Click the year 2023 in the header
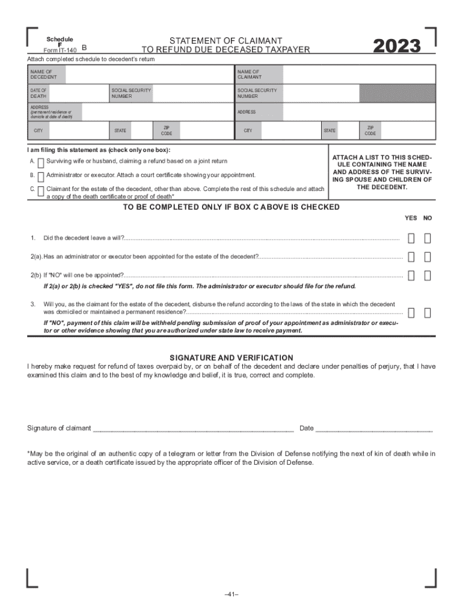coord(396,46)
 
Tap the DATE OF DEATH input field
coord(79,93)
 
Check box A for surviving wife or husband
coord(40,162)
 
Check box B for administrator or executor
coord(40,176)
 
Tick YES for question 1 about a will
coord(411,238)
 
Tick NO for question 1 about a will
coord(427,238)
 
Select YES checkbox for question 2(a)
coord(411,257)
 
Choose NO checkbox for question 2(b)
coord(427,276)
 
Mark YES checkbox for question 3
coord(411,312)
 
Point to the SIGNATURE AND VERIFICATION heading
coord(231,357)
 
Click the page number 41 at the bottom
coord(231,594)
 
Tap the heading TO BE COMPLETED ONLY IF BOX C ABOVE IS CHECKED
coord(231,207)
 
